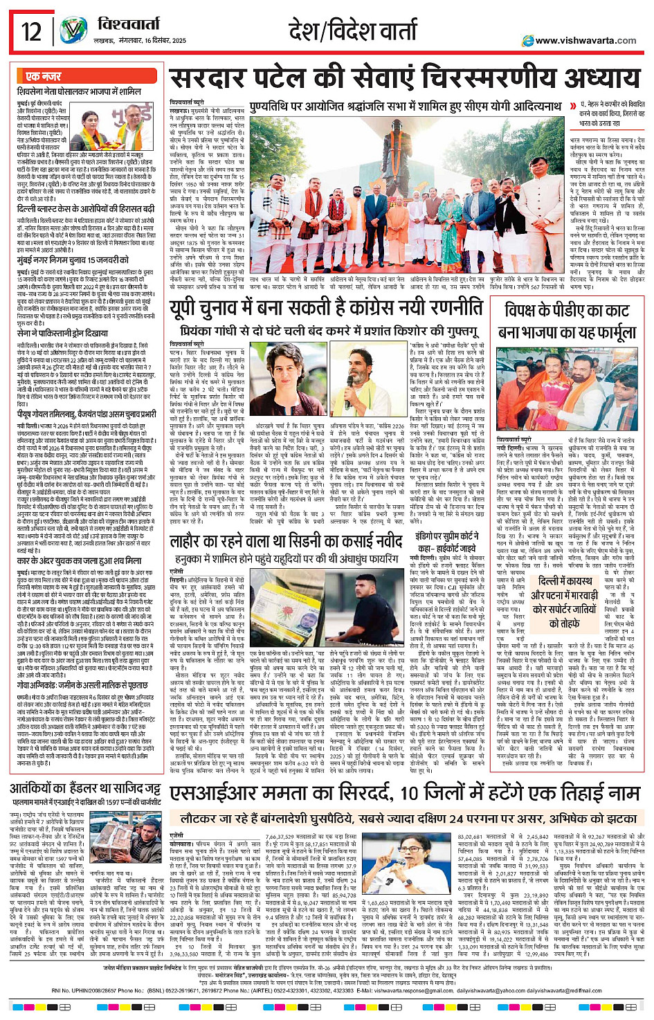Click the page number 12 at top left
pos(30,31)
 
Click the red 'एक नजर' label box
pos(43,76)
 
